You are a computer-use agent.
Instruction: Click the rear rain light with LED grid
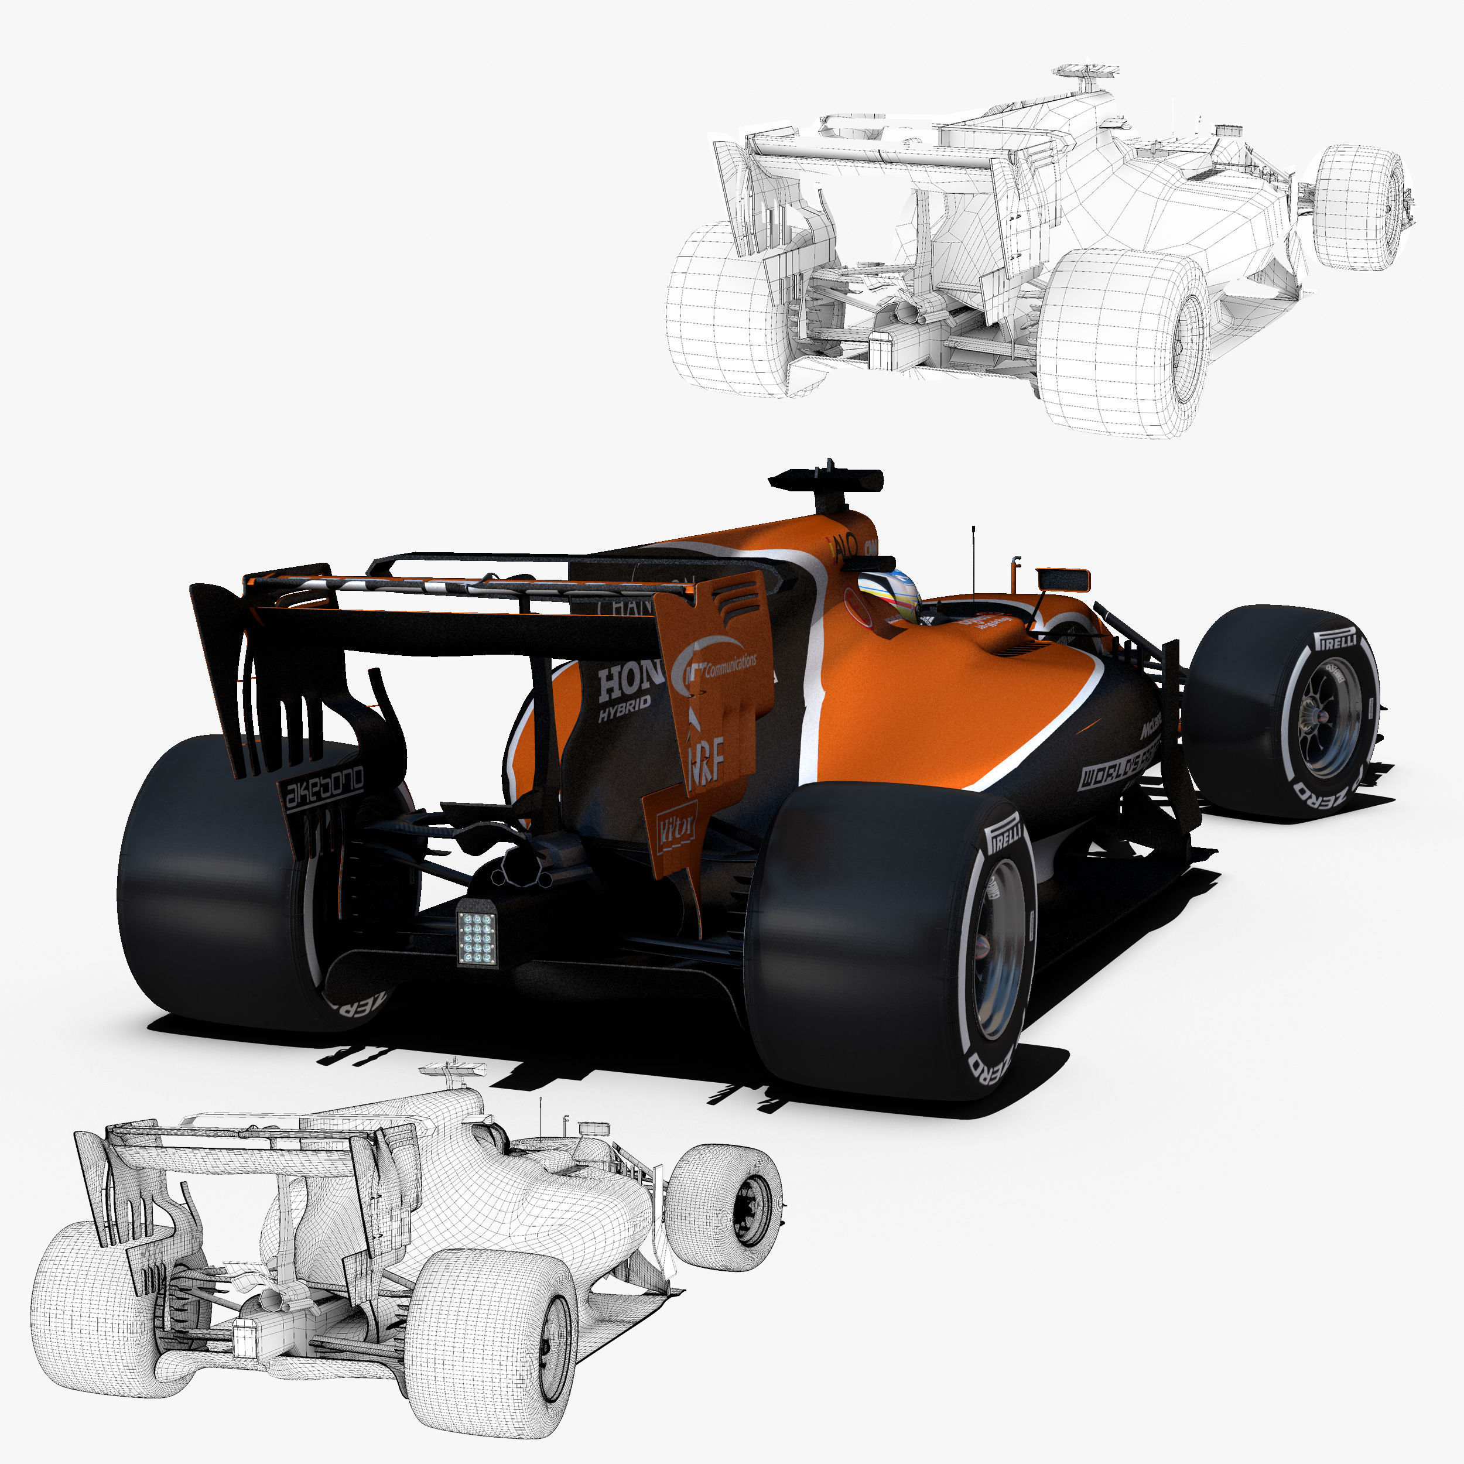[x=477, y=938]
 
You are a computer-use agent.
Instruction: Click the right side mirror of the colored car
[x=1063, y=580]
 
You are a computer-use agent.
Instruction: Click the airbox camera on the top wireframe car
[x=1085, y=74]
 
